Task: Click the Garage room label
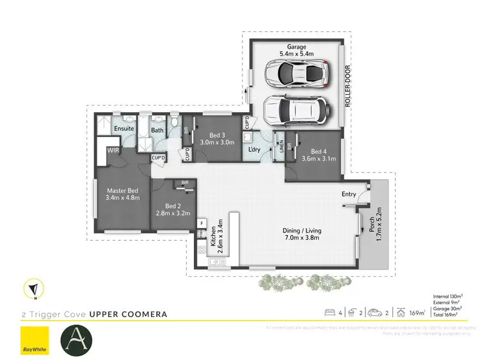click(296, 46)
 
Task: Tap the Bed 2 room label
click(170, 206)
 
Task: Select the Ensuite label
click(124, 129)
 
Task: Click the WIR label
click(113, 151)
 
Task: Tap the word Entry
click(349, 194)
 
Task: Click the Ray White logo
click(35, 340)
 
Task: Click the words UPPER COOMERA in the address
click(128, 314)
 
